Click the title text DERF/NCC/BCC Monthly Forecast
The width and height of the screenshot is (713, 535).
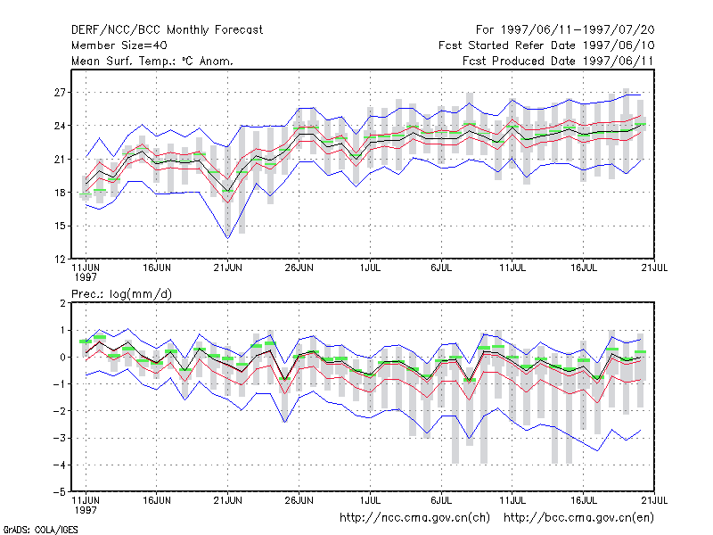[167, 30]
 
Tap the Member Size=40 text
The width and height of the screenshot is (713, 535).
[119, 45]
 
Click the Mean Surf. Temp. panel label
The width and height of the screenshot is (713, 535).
[152, 61]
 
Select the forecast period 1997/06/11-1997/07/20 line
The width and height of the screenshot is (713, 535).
[565, 30]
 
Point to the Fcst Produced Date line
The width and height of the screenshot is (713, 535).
[558, 61]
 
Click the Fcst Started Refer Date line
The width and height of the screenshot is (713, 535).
[546, 45]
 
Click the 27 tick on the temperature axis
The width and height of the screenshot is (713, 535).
[60, 93]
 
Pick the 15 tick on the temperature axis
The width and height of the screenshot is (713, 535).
[60, 226]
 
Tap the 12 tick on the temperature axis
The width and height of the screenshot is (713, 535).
[60, 259]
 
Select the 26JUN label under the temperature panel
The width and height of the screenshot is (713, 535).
[299, 267]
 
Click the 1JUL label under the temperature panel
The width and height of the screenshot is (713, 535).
[370, 267]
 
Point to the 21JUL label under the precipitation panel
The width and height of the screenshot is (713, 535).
[654, 500]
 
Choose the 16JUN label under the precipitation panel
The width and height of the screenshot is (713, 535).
[157, 500]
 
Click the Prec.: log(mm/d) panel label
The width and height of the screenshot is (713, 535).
[121, 294]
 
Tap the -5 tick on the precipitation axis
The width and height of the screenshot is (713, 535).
[59, 492]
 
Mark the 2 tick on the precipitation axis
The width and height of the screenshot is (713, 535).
[62, 303]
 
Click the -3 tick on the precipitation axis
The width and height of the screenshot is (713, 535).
[59, 438]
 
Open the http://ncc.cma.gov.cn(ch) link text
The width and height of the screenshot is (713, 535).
[414, 518]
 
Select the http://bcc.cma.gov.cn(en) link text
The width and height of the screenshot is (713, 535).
[578, 518]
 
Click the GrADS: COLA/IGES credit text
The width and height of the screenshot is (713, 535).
[41, 530]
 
